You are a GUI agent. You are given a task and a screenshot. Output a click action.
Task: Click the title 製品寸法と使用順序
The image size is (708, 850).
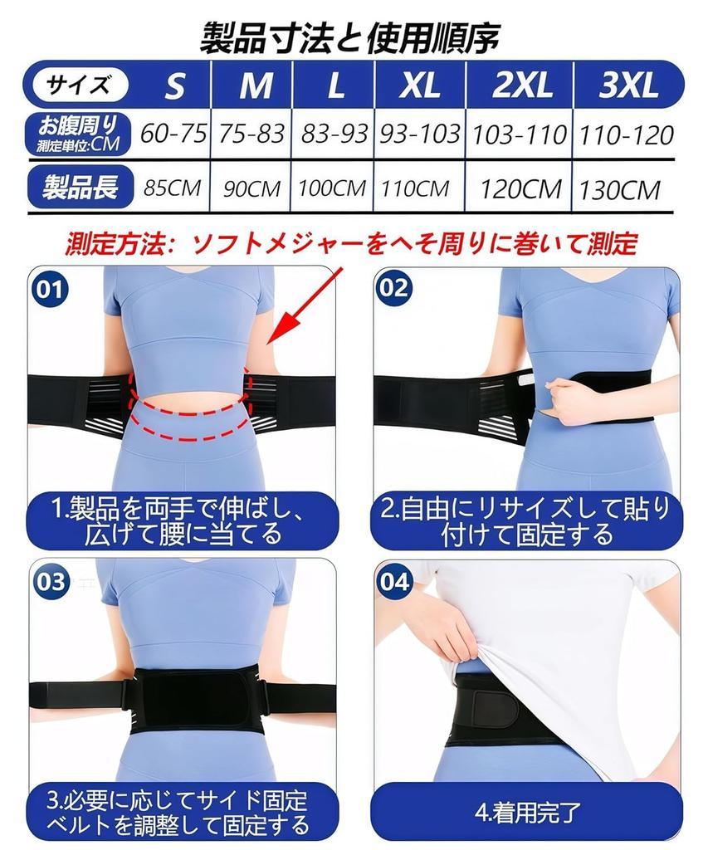[352, 37]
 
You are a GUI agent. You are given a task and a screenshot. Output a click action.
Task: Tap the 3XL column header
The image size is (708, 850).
[627, 85]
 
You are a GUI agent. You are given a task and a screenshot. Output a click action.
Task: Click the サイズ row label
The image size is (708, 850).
[78, 84]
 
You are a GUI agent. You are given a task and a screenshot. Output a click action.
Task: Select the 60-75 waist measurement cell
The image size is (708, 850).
[173, 134]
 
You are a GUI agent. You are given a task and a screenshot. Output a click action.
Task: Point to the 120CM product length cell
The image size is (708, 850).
[521, 189]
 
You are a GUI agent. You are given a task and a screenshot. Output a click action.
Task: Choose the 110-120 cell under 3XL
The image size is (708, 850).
[627, 134]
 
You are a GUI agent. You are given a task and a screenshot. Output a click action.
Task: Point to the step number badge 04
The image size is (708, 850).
[393, 581]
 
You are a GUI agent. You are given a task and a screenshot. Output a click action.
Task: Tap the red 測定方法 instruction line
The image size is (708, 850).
[352, 244]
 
